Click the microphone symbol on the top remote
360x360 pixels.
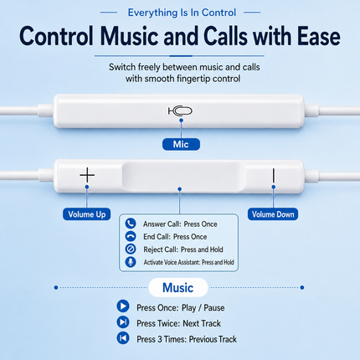point(180,111)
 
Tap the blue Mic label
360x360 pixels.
point(181,144)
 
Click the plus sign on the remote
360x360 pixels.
point(87,175)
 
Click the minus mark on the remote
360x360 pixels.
point(274,175)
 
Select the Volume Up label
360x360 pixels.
point(86,214)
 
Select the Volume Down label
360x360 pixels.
point(273,214)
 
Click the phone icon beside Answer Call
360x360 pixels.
point(131,224)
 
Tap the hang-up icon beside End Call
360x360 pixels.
point(131,236)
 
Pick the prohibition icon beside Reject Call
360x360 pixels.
point(131,249)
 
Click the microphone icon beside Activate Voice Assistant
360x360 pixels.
point(131,262)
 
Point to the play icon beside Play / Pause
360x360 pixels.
point(123,306)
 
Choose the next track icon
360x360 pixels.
point(123,322)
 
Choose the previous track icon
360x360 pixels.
point(123,338)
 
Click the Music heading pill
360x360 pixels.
point(178,287)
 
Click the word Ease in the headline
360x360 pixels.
point(318,36)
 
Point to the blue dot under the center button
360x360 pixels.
point(180,189)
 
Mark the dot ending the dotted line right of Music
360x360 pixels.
point(302,287)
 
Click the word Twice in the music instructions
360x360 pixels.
point(169,323)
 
